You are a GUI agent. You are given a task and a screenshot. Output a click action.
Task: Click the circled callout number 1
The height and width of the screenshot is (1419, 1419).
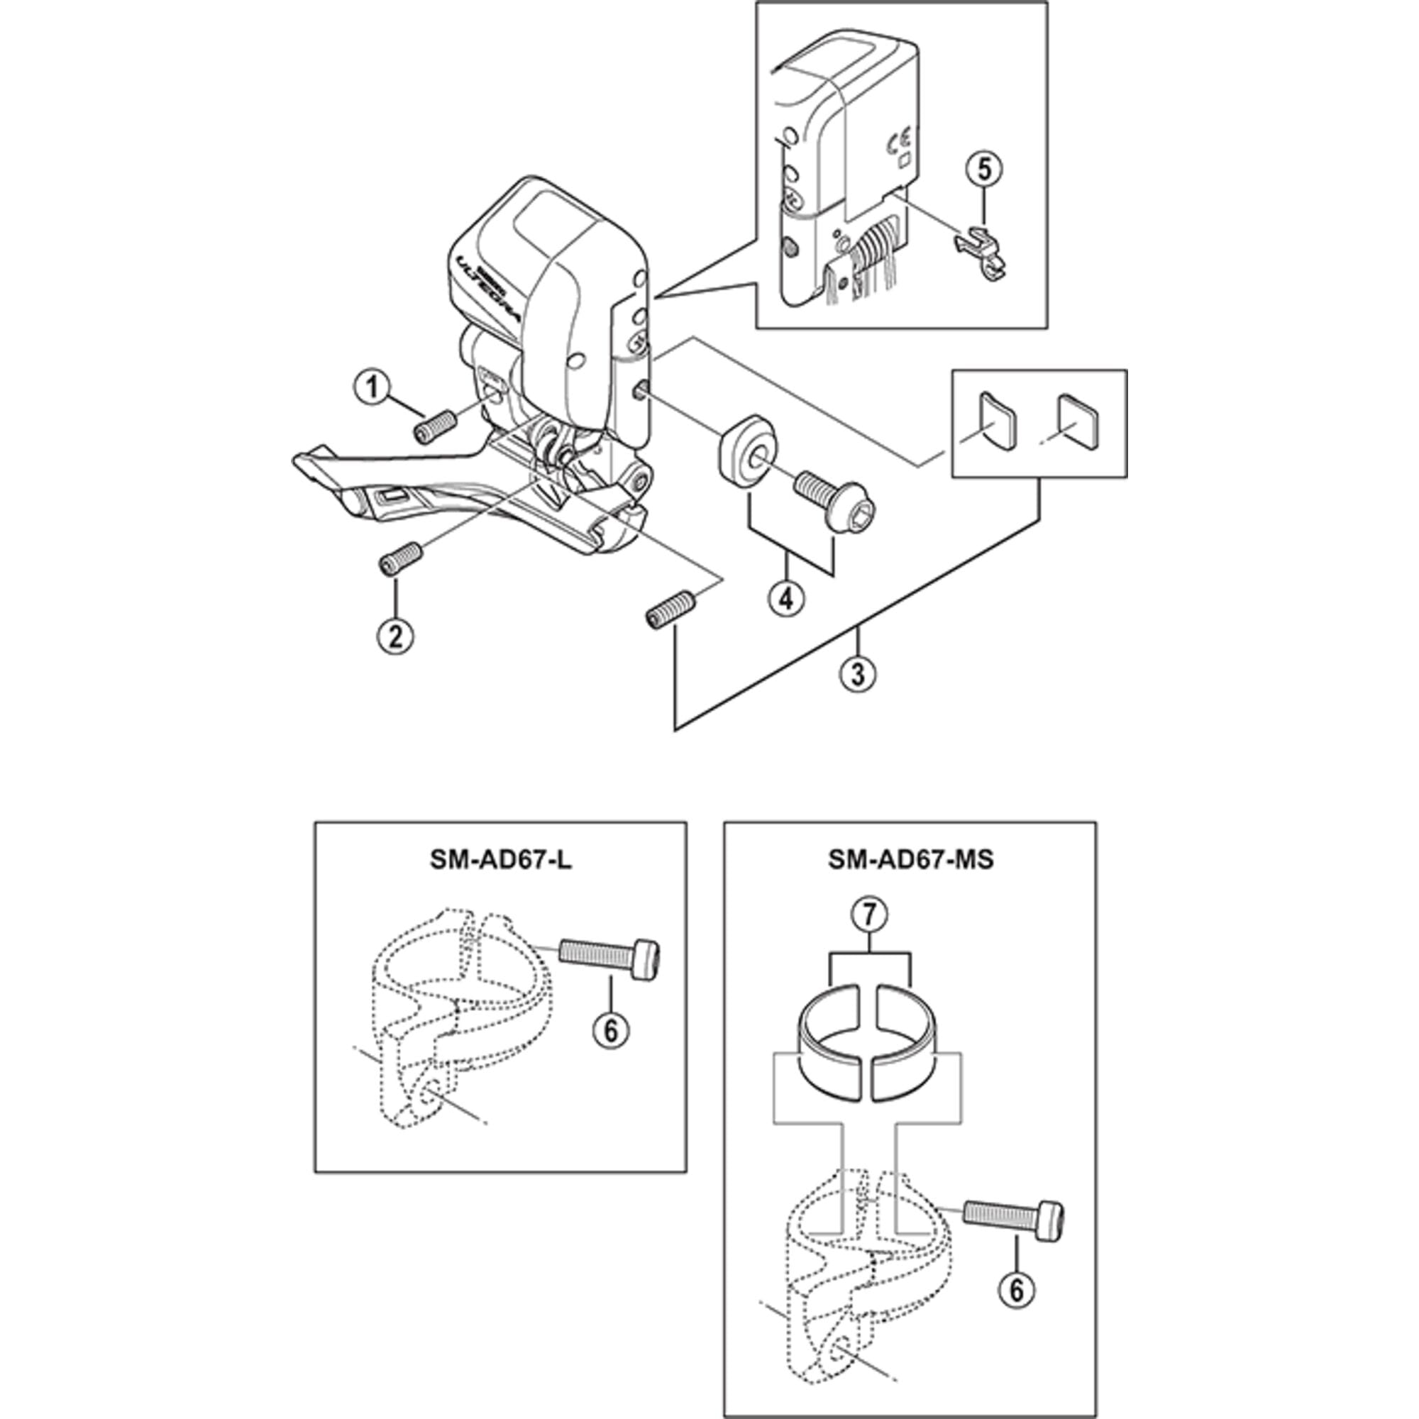[372, 387]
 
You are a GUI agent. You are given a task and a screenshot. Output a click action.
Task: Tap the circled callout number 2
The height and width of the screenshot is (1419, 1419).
[396, 635]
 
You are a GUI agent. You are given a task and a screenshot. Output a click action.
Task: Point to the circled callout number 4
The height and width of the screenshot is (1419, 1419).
[786, 599]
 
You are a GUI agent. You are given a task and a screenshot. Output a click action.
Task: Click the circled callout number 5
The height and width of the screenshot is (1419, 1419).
[983, 169]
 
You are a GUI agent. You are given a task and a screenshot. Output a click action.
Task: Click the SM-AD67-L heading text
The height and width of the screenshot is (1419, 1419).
[501, 859]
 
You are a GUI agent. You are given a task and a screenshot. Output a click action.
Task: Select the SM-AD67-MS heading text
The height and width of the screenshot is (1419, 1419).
[911, 859]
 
